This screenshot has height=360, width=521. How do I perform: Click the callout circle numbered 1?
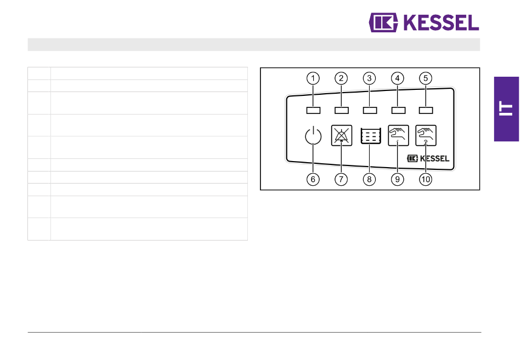click(x=313, y=78)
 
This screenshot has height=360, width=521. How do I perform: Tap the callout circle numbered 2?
click(x=341, y=78)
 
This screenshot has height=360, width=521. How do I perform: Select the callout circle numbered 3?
click(x=369, y=78)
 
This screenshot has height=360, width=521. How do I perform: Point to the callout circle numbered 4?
click(x=397, y=78)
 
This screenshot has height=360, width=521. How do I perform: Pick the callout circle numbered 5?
click(x=426, y=78)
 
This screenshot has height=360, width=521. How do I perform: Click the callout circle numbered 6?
click(x=313, y=179)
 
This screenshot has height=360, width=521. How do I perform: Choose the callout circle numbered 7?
click(x=341, y=179)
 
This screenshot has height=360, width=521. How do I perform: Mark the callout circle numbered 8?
click(x=369, y=179)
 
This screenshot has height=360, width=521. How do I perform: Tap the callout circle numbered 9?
click(x=397, y=179)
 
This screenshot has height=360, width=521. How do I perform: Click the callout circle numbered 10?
click(x=426, y=179)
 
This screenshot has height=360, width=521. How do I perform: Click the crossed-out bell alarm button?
click(x=341, y=135)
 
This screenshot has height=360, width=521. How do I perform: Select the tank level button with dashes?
click(x=370, y=135)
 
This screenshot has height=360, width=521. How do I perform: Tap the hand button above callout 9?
click(x=398, y=135)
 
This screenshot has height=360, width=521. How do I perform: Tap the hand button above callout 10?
click(x=426, y=135)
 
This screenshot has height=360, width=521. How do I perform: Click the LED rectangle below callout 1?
click(x=313, y=110)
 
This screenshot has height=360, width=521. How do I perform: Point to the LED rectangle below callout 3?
click(x=370, y=110)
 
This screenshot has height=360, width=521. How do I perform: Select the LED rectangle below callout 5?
click(x=426, y=110)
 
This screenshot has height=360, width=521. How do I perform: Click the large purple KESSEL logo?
click(x=424, y=22)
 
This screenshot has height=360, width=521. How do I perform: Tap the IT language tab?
click(x=506, y=109)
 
